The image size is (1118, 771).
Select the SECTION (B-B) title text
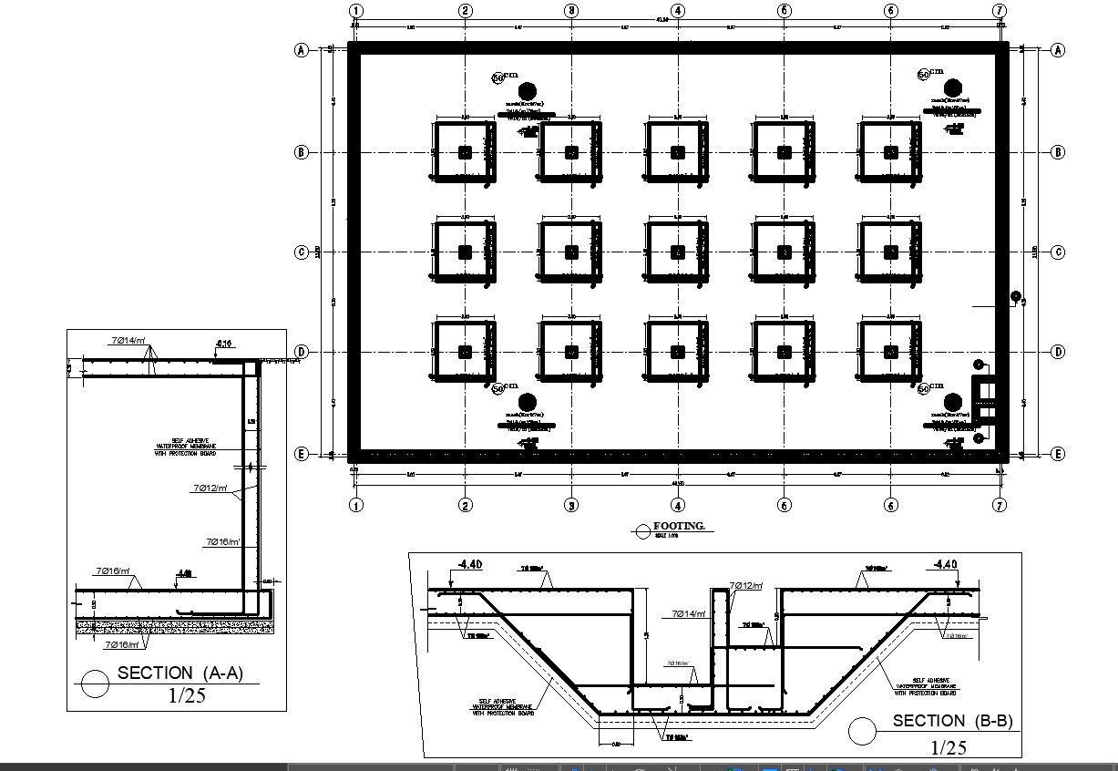pyautogui.click(x=952, y=721)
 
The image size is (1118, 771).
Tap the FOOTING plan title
pyautogui.click(x=679, y=527)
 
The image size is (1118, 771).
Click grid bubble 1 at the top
pyautogui.click(x=356, y=11)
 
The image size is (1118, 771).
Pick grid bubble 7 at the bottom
pyautogui.click(x=1000, y=505)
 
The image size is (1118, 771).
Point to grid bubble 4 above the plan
pyautogui.click(x=677, y=11)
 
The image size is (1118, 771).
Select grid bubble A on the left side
pyautogui.click(x=302, y=50)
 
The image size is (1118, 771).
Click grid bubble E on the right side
pyautogui.click(x=1058, y=454)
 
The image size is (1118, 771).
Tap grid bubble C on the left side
pyautogui.click(x=302, y=252)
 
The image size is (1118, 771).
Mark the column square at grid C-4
pyautogui.click(x=677, y=252)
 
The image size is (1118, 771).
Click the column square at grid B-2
pyautogui.click(x=466, y=152)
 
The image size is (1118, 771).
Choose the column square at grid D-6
pyautogui.click(x=890, y=352)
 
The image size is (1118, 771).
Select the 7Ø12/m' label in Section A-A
pyautogui.click(x=210, y=488)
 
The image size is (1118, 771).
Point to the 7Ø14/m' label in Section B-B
pyautogui.click(x=689, y=614)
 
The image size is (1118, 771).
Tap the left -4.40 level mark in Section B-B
pyautogui.click(x=469, y=565)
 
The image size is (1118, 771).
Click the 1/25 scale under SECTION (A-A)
pyautogui.click(x=187, y=695)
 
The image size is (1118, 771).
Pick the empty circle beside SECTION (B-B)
pyautogui.click(x=861, y=731)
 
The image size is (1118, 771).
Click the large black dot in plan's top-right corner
pyautogui.click(x=953, y=87)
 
